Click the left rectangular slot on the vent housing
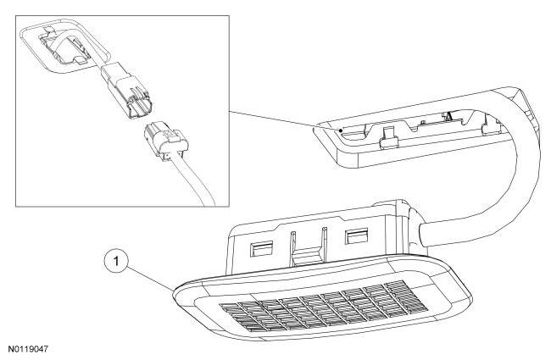263,247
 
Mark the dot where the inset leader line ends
340,131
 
